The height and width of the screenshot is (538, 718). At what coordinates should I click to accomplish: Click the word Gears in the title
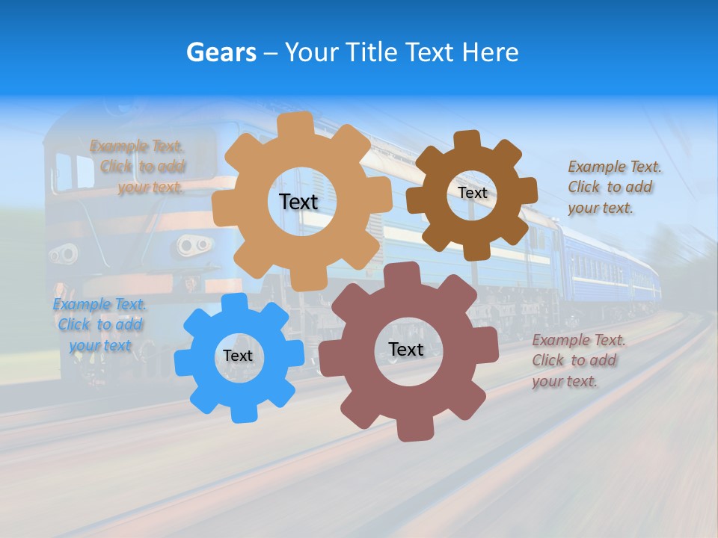pos(221,52)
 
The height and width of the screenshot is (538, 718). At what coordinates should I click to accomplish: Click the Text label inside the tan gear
pos(298,202)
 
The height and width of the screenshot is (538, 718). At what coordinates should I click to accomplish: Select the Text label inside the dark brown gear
pos(472,193)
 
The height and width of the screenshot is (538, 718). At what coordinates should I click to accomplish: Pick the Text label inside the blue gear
pos(238,356)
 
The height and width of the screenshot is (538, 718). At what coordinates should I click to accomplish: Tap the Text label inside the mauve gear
pos(406,349)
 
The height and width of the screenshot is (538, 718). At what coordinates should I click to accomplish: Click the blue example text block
pos(100,325)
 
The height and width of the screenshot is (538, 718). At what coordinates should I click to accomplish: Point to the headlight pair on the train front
pos(194,244)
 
